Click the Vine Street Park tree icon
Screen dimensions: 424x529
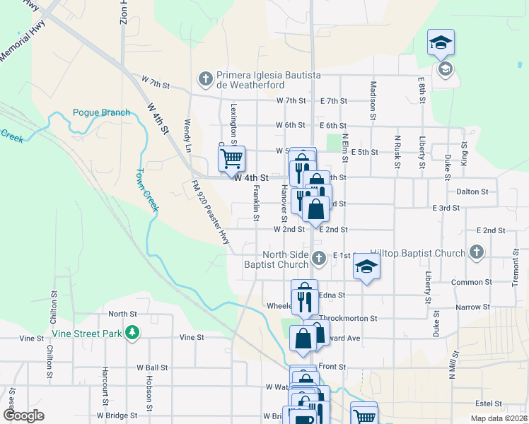(x=132, y=332)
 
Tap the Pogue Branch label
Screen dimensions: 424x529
(x=101, y=112)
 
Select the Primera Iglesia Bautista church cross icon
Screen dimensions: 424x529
(x=206, y=78)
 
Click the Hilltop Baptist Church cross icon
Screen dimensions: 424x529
(x=477, y=252)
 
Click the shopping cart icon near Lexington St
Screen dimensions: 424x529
(x=231, y=159)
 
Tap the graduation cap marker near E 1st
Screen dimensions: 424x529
(x=367, y=266)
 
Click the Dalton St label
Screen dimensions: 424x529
(x=472, y=192)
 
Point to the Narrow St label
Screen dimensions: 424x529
(x=473, y=307)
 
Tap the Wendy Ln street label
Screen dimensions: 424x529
(x=188, y=136)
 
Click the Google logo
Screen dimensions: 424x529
(x=24, y=416)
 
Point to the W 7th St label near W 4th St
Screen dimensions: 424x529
(x=156, y=84)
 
